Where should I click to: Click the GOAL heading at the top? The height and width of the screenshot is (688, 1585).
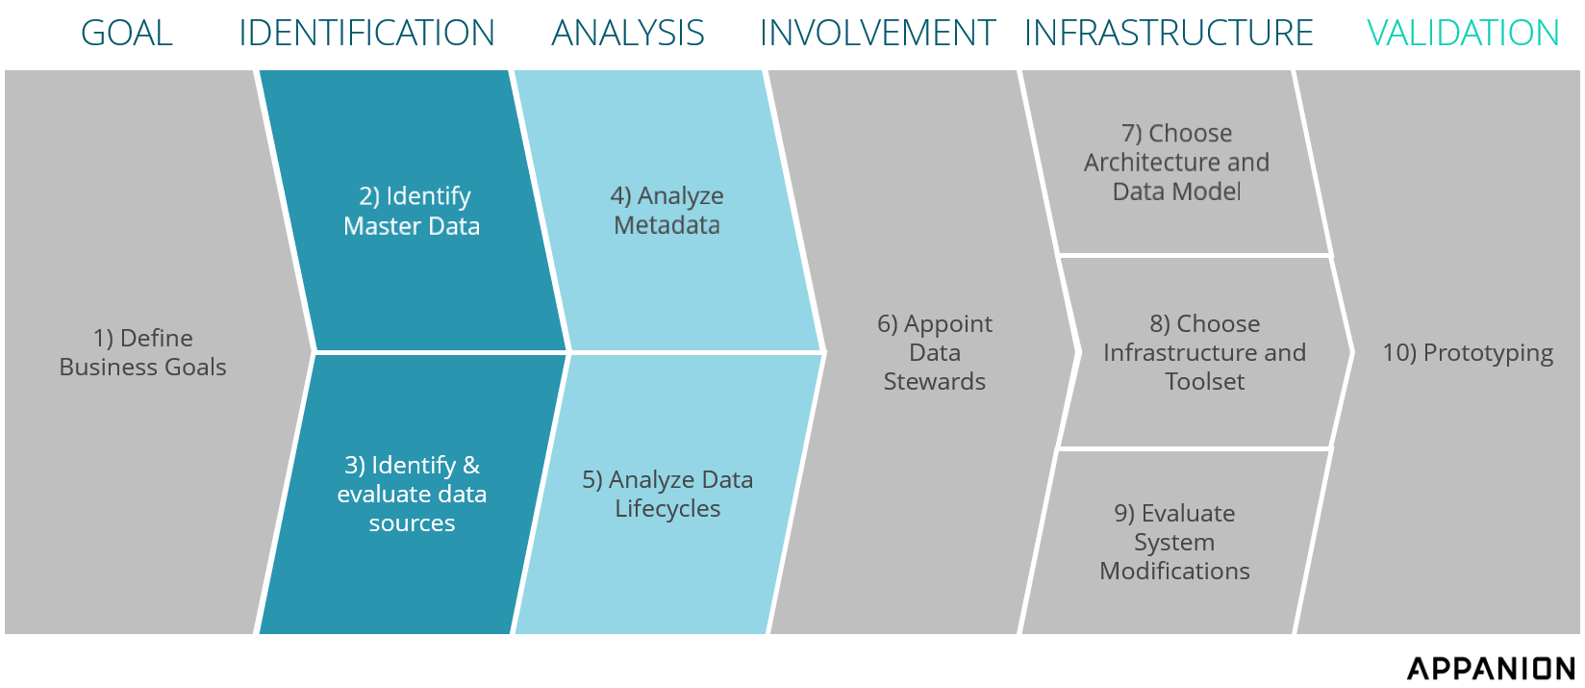coord(127,34)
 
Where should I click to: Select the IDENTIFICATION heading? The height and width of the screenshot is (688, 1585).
coord(366,34)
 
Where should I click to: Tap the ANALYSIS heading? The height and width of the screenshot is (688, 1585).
coord(628,34)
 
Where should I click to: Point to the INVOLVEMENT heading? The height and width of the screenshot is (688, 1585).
coord(877,34)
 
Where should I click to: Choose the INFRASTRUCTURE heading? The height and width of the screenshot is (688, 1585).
coord(1169,34)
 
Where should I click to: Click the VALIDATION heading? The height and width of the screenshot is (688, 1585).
coord(1463,34)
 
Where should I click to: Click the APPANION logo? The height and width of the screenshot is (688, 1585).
coord(1492,668)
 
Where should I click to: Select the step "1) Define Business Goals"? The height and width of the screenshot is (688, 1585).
coord(142,352)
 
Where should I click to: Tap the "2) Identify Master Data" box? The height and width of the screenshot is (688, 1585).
coord(412,211)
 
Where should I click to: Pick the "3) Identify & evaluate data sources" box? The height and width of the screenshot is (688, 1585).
coord(412,494)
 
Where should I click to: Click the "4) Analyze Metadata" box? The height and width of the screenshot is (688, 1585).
coord(667,210)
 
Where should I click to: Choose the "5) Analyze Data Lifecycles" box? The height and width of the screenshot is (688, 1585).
coord(667,494)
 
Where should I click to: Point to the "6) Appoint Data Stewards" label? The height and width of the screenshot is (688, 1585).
coord(934,352)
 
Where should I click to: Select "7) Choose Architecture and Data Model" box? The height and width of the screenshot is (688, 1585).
coord(1176,162)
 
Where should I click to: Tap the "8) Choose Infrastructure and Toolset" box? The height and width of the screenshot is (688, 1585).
coord(1204,352)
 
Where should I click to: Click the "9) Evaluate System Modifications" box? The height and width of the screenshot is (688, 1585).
coord(1174,542)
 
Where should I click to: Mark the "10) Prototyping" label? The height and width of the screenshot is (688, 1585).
coord(1468,353)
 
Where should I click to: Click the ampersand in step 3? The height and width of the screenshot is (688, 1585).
coord(470,465)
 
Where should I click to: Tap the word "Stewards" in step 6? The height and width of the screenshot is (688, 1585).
coord(934,382)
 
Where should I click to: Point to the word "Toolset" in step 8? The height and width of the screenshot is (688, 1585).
coord(1204,382)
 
